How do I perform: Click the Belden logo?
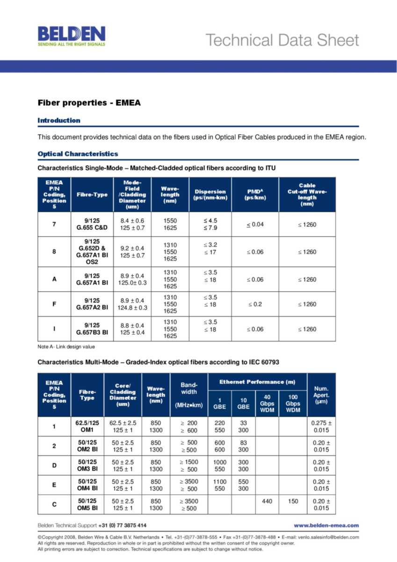coord(71,36)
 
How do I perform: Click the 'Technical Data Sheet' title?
coord(282,40)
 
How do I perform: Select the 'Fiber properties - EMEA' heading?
coord(89,103)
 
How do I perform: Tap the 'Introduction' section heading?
coord(59,120)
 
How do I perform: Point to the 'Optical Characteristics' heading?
coord(78,154)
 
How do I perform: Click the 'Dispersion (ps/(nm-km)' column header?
coord(210,194)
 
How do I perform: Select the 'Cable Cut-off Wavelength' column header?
coord(307,194)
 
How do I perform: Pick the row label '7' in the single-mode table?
coord(54,224)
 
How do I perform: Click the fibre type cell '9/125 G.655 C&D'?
coord(92,224)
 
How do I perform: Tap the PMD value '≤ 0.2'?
coord(255,304)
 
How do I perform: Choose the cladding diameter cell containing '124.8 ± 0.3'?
coord(132,308)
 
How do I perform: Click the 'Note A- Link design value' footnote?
coord(66,347)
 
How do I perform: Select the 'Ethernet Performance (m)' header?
coord(257,382)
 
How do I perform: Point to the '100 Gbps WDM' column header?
coord(293,403)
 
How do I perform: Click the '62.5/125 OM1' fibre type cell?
coord(87,427)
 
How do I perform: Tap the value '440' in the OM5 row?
coord(267,502)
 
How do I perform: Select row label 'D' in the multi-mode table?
coord(54,465)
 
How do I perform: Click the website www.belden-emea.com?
coord(326,525)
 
